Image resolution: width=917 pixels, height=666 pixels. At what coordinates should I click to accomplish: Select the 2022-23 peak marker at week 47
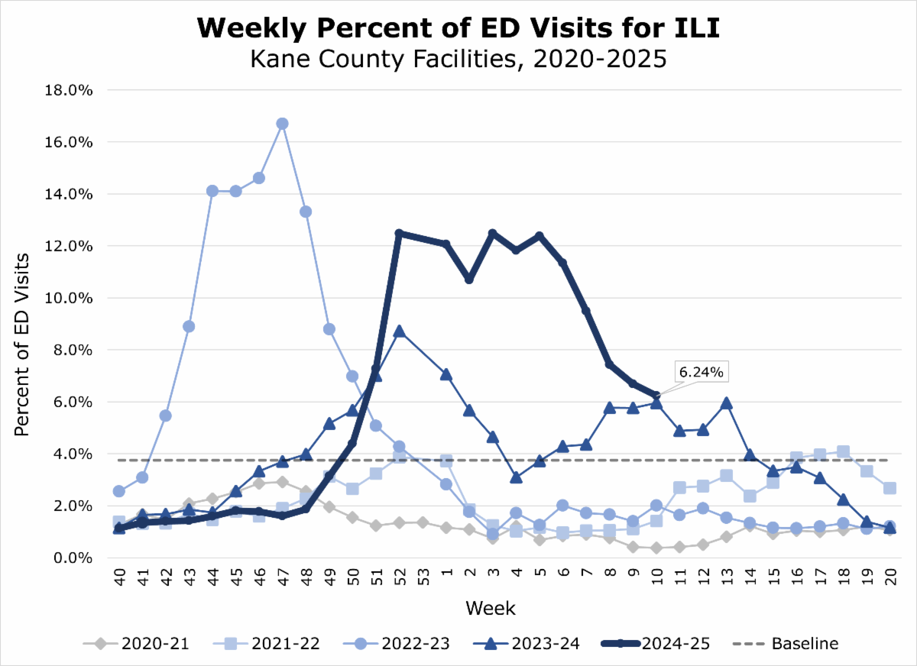pos(282,124)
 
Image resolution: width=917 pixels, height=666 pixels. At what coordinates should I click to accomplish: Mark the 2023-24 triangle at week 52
pos(398,331)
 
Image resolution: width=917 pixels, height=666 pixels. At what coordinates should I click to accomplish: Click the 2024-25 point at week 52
pos(398,233)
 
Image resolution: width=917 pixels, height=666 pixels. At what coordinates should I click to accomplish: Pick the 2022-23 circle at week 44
pos(212,191)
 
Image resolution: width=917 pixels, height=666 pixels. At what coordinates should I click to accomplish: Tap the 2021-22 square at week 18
pos(843,452)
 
